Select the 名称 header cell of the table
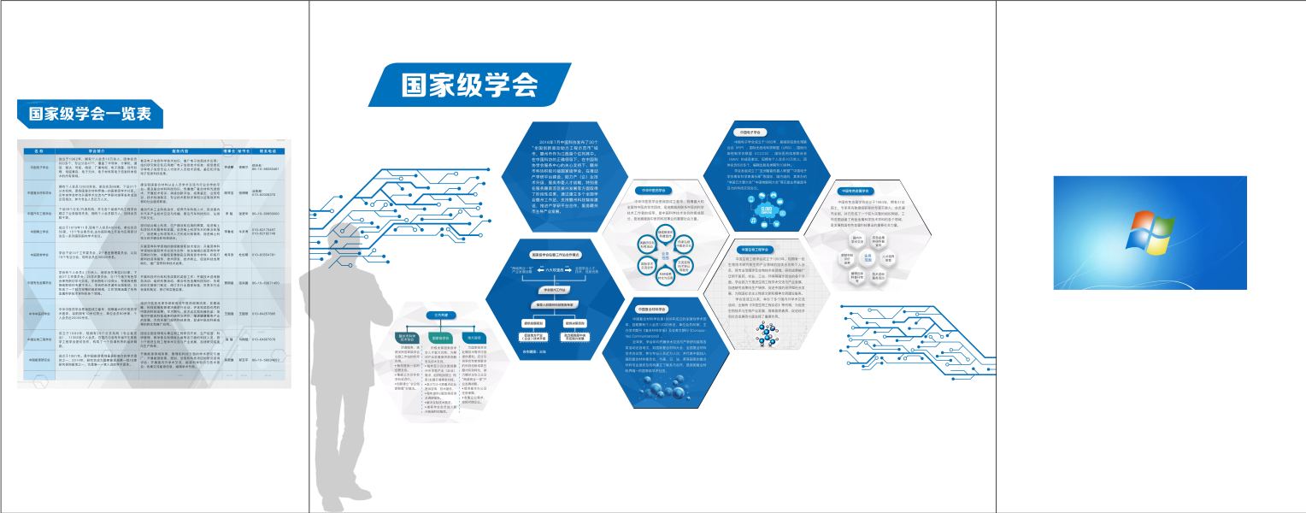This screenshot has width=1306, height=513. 39,150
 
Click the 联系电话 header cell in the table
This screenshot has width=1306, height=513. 272,150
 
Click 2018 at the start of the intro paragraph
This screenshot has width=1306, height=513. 544,139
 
